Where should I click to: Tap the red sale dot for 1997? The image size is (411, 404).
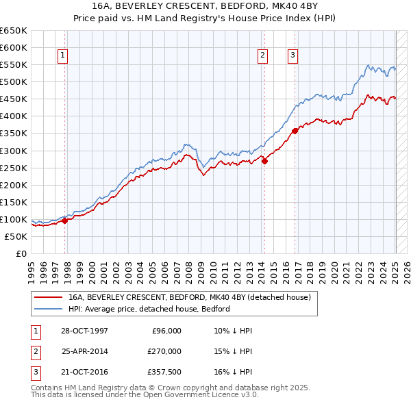coord(65,220)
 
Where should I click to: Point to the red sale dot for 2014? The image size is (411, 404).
coord(264,161)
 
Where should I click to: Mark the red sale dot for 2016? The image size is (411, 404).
coord(295,131)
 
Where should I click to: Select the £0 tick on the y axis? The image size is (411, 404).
coord(20,253)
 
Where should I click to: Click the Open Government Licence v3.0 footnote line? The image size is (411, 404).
coord(145,395)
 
